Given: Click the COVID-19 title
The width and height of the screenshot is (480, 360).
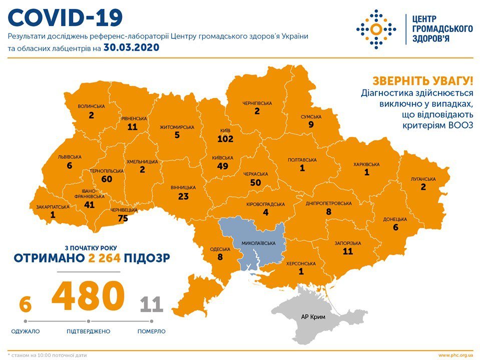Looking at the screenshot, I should [66, 17].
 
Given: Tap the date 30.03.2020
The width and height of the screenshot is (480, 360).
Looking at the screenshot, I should [131, 47].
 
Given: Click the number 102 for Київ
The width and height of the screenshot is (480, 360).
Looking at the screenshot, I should [226, 138].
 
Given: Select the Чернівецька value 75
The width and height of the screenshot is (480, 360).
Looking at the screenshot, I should [123, 218].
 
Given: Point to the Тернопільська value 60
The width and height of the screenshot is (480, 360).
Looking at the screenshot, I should [107, 179].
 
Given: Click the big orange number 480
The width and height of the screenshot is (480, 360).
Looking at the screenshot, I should [88, 296].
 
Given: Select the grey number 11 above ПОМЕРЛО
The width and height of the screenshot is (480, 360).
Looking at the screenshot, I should [151, 304].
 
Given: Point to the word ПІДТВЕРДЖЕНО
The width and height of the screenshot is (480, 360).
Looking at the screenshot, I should [88, 331].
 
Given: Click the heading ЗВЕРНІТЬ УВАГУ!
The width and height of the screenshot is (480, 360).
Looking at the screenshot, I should [422, 81].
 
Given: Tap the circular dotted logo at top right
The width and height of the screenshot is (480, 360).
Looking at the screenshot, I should [376, 29].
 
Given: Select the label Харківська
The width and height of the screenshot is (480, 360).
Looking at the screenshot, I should [366, 164].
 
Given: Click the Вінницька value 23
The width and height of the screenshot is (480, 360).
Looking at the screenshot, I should [183, 196].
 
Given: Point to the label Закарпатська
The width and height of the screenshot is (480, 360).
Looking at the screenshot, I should [53, 206].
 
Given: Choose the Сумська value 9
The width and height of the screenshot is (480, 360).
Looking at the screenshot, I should [311, 125].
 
